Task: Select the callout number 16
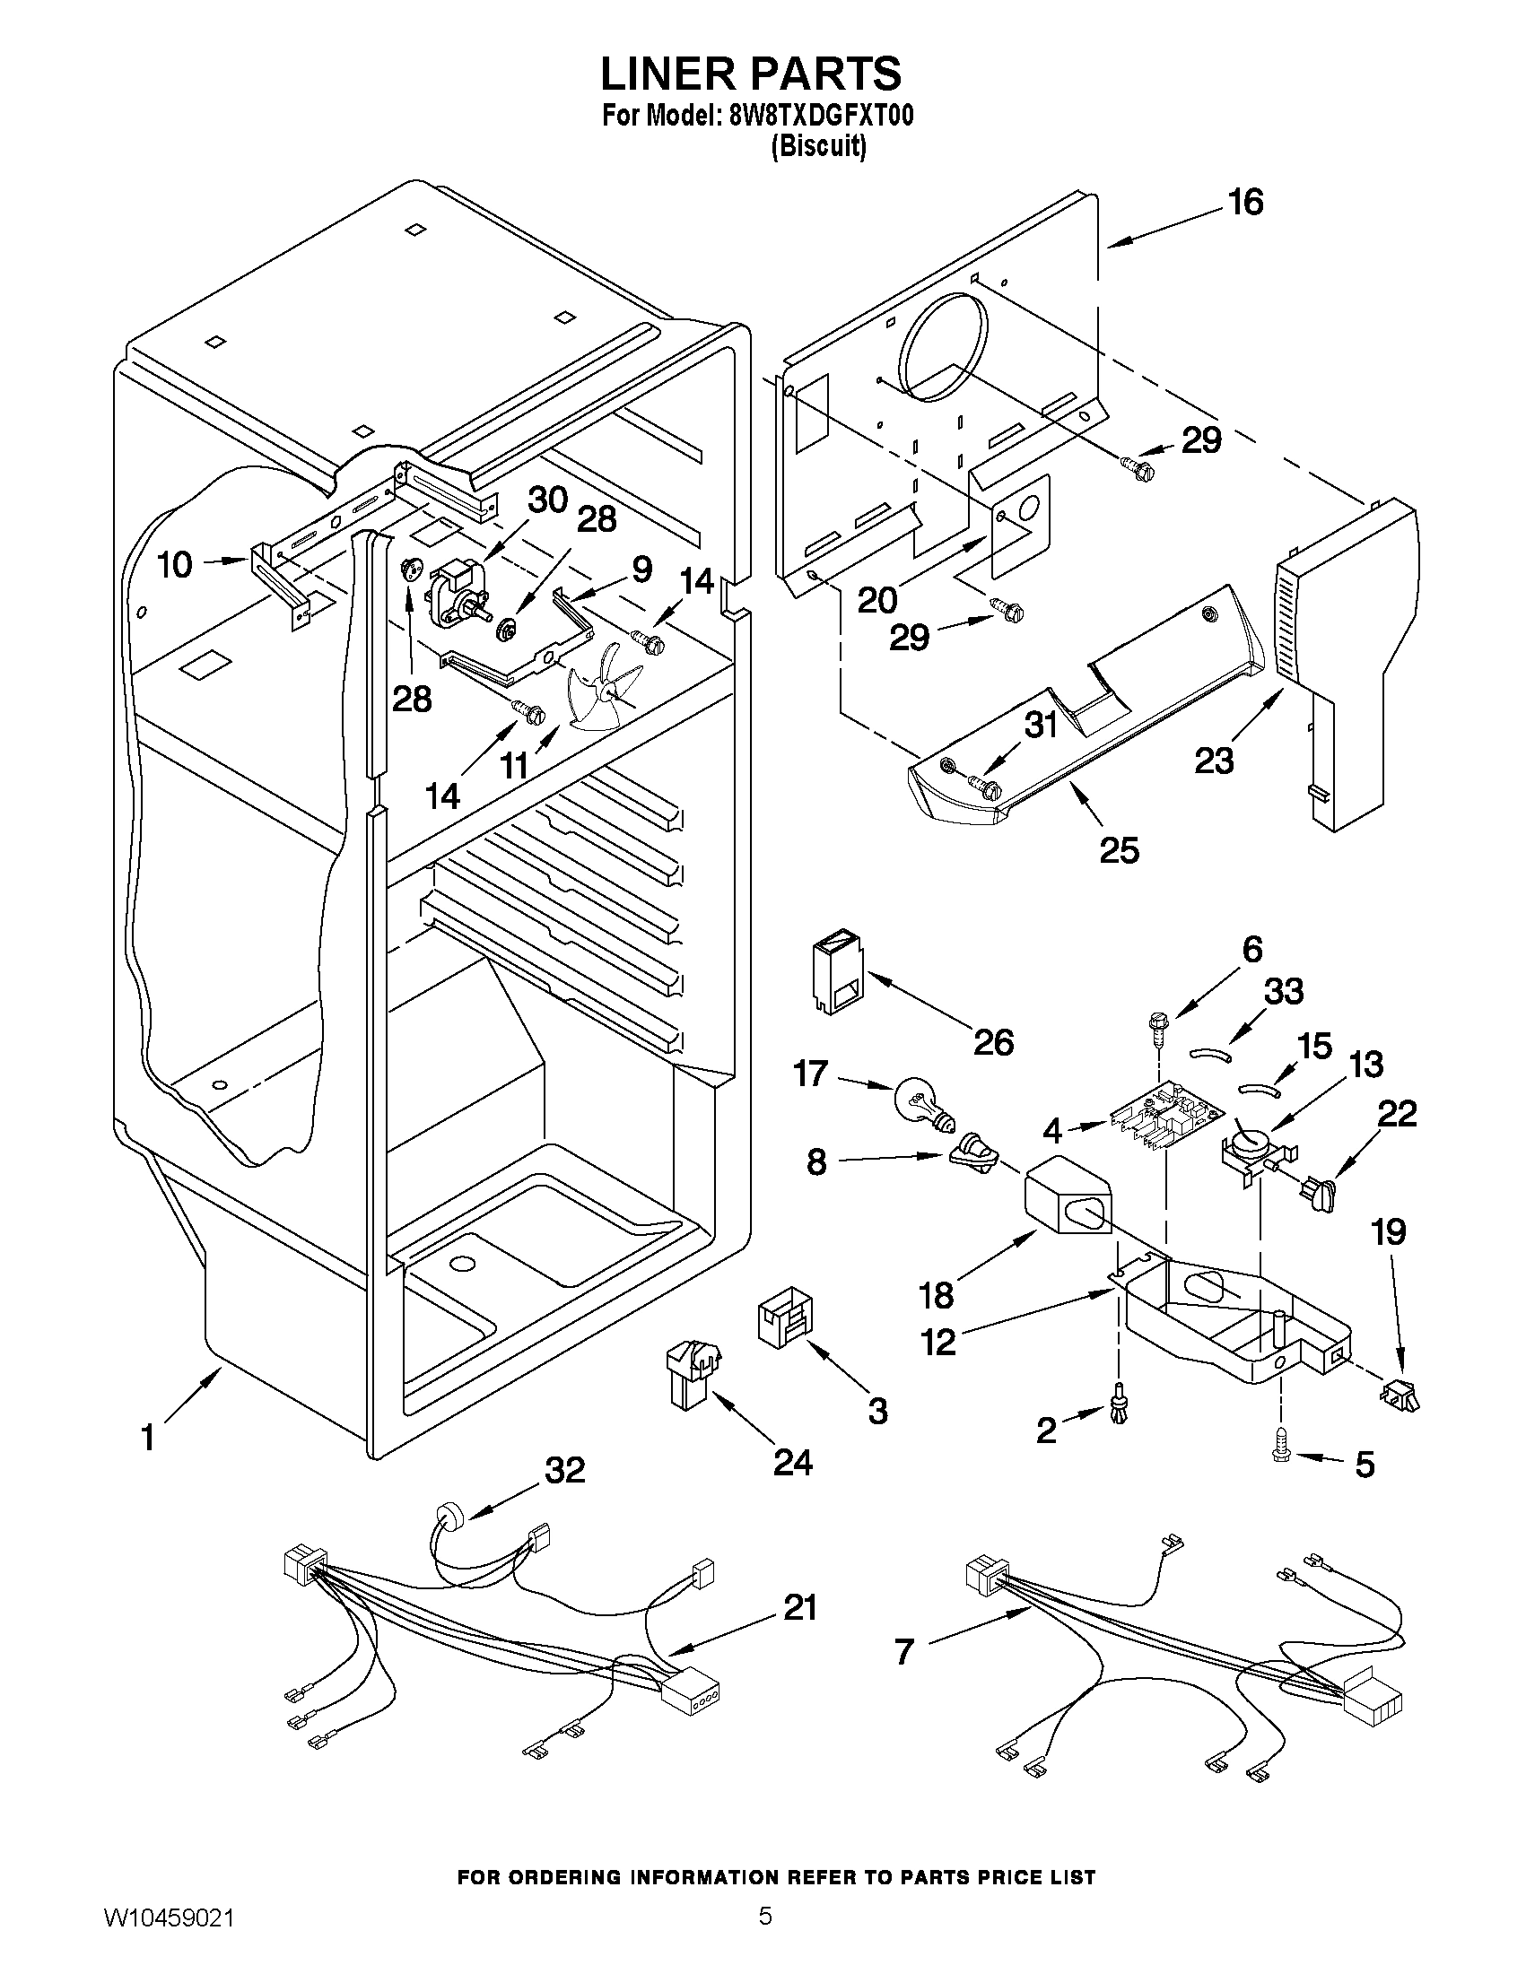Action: pyautogui.click(x=1245, y=203)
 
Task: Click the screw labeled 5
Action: pyautogui.click(x=1280, y=1455)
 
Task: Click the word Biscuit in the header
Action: pyautogui.click(x=818, y=146)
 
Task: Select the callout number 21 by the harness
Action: pyautogui.click(x=799, y=1607)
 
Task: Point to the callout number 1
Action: pyautogui.click(x=147, y=1436)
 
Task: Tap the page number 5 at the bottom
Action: pyautogui.click(x=765, y=1935)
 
